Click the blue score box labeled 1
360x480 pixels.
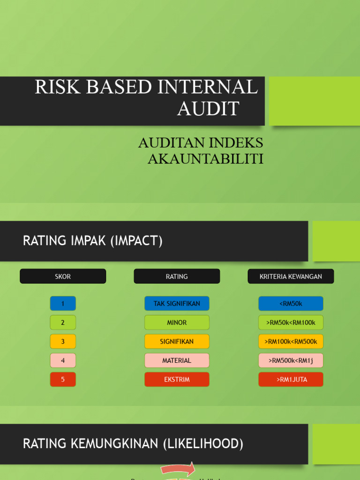pyautogui.click(x=63, y=303)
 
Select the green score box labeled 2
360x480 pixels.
pyautogui.click(x=63, y=322)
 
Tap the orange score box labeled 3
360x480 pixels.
pyautogui.click(x=63, y=341)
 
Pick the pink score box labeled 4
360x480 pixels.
pyautogui.click(x=63, y=360)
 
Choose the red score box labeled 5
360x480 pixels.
pyautogui.click(x=63, y=379)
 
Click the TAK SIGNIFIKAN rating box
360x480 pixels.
pyautogui.click(x=177, y=303)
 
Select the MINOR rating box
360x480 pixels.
pyautogui.click(x=177, y=322)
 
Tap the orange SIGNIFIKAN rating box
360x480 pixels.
pyautogui.click(x=177, y=341)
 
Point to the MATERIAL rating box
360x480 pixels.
pyautogui.click(x=177, y=360)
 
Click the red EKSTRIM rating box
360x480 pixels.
pyautogui.click(x=177, y=379)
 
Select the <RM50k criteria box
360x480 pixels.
pyautogui.click(x=291, y=303)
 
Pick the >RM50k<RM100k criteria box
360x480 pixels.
pyautogui.click(x=291, y=322)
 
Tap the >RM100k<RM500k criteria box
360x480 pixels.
pyautogui.click(x=291, y=341)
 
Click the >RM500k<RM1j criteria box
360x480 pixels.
pyautogui.click(x=291, y=360)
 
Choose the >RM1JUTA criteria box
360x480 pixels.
pyautogui.click(x=291, y=379)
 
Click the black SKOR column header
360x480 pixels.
pyautogui.click(x=63, y=276)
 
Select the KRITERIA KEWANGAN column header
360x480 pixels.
pyautogui.click(x=291, y=276)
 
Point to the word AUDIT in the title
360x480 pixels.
pyautogui.click(x=208, y=108)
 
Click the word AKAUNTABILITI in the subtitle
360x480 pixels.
pyautogui.click(x=205, y=159)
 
